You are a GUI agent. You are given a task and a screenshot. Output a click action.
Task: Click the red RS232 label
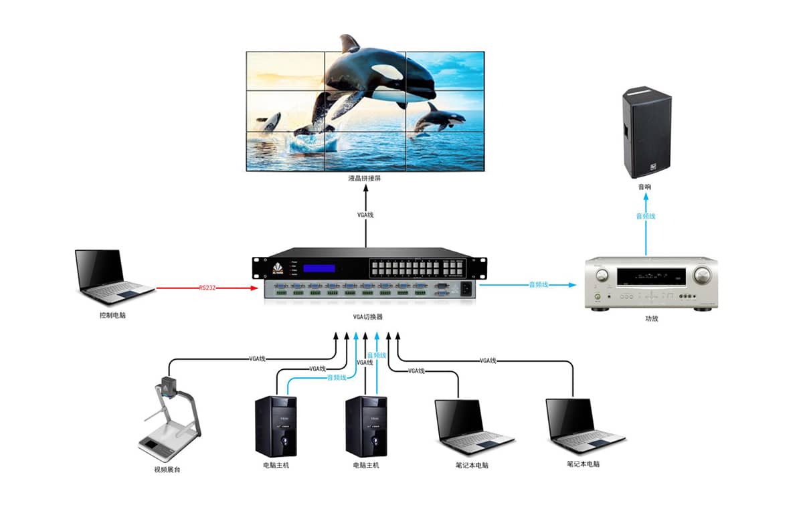[x=207, y=288]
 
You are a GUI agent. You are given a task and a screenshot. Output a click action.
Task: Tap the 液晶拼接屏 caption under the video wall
[x=365, y=180]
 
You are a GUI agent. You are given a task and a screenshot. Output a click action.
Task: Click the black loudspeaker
[x=646, y=132]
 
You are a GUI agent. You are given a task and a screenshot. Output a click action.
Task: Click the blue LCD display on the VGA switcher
[x=319, y=268]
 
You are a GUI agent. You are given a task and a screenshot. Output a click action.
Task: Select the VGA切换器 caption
[x=367, y=317]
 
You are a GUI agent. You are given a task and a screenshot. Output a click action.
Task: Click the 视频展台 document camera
[x=168, y=418]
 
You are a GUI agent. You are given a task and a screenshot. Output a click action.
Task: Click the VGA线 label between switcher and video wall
[x=366, y=215]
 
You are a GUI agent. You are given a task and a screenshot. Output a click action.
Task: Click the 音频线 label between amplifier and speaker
[x=646, y=216]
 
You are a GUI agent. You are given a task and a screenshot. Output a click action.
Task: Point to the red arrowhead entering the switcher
[x=254, y=288]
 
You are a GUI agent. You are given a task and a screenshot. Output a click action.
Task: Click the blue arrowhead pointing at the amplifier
[x=572, y=285]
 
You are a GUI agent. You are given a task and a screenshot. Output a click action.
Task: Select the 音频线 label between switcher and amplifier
[x=539, y=285]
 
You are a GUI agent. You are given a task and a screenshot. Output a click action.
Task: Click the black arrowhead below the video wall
[x=366, y=189]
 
